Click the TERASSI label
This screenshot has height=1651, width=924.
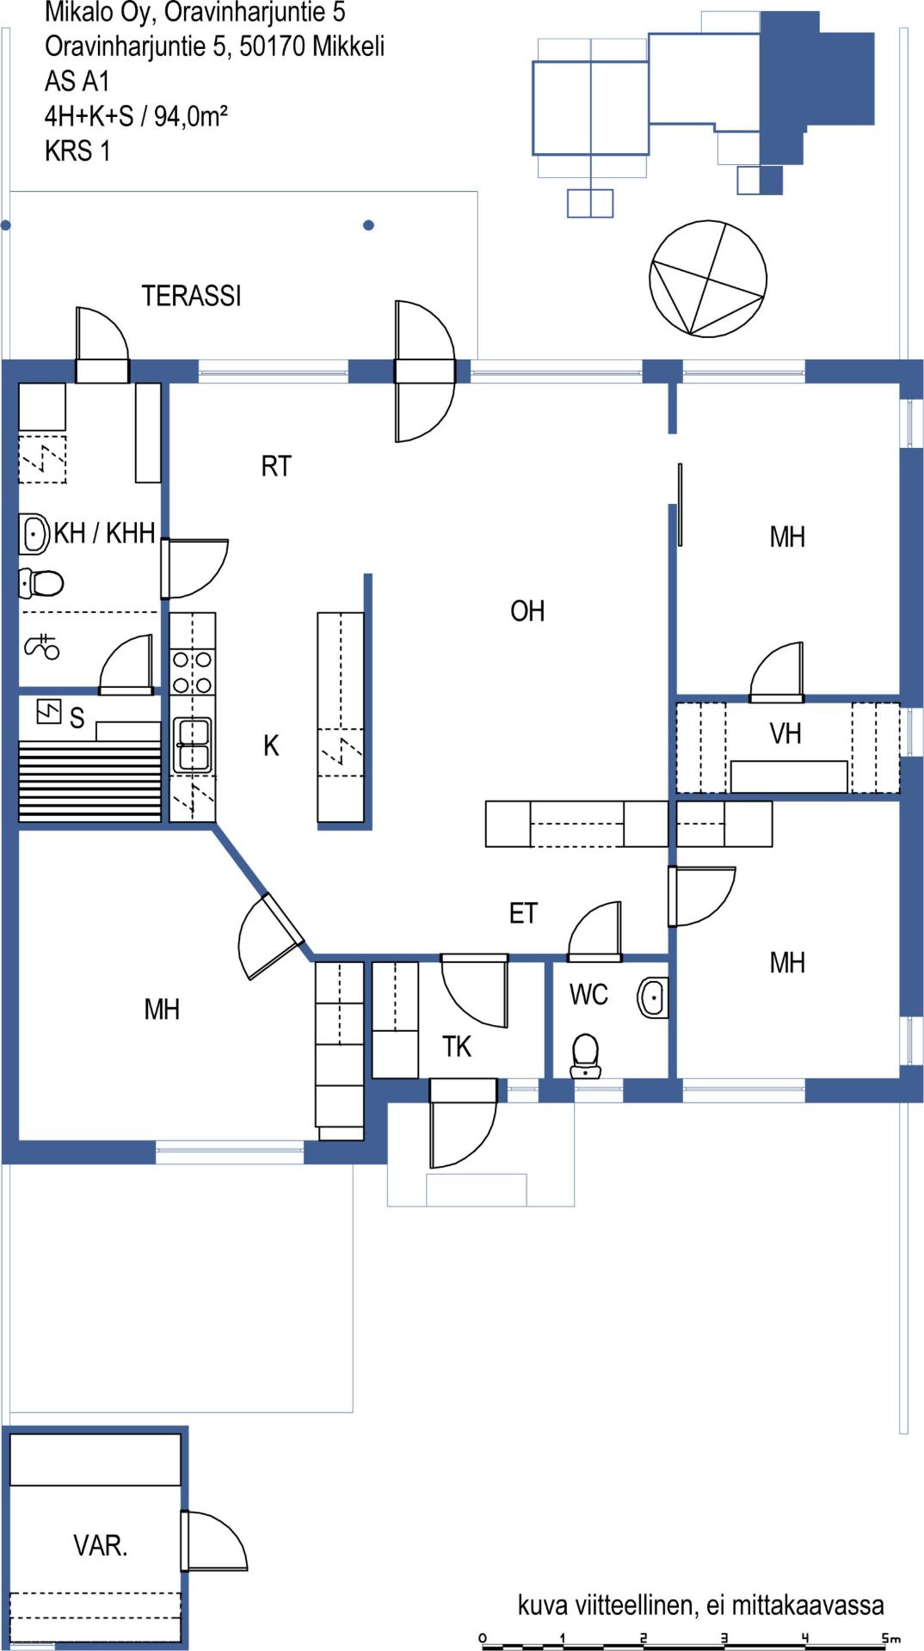(191, 296)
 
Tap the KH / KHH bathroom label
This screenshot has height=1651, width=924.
(104, 533)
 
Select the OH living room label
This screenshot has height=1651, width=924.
(527, 611)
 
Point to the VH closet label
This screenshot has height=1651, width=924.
(785, 733)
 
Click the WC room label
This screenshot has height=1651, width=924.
(588, 995)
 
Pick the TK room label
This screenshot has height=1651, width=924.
(457, 1046)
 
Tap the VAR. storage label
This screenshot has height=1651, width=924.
(101, 1545)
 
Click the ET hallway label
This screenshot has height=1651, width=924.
(523, 913)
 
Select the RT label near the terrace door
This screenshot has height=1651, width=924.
(276, 466)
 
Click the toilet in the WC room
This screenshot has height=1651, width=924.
(586, 1056)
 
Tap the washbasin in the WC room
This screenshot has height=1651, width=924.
(653, 997)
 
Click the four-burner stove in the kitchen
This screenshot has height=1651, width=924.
(193, 672)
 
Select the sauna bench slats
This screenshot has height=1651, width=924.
(89, 781)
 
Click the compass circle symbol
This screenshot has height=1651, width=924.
(708, 279)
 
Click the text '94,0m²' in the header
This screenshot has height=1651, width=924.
(190, 115)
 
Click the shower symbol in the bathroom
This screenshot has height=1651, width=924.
(42, 646)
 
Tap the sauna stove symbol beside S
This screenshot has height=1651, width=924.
(49, 711)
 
